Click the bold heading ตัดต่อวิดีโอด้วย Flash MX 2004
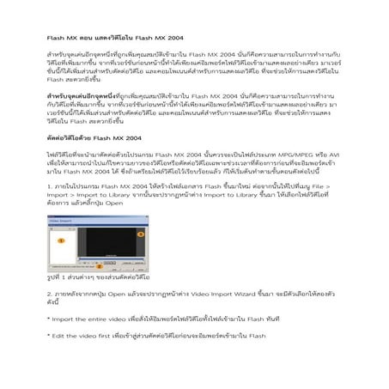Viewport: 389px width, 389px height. coord(89,139)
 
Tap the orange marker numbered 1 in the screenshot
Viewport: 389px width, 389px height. coord(62,241)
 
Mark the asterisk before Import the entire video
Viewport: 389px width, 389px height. coord(48,319)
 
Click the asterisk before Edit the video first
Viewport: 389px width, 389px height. coord(48,335)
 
